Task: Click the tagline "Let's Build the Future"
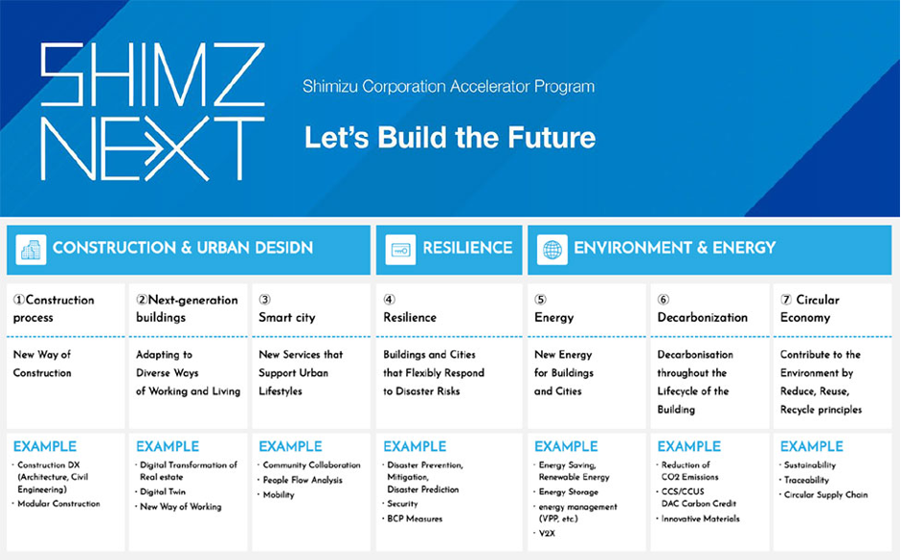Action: tap(450, 138)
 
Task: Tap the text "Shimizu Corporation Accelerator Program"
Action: tap(449, 87)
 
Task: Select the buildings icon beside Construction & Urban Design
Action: tap(31, 250)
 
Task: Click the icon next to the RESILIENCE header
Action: tap(400, 250)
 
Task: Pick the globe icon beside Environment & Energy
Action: tap(552, 250)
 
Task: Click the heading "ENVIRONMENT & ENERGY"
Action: tap(675, 248)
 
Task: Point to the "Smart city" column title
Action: tap(286, 318)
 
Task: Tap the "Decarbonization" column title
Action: tap(702, 318)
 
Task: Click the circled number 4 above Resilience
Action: tap(389, 300)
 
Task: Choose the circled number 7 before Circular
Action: tap(786, 300)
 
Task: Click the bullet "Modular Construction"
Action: tap(58, 504)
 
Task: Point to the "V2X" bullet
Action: tap(547, 533)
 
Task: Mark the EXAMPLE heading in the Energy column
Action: tap(566, 446)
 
